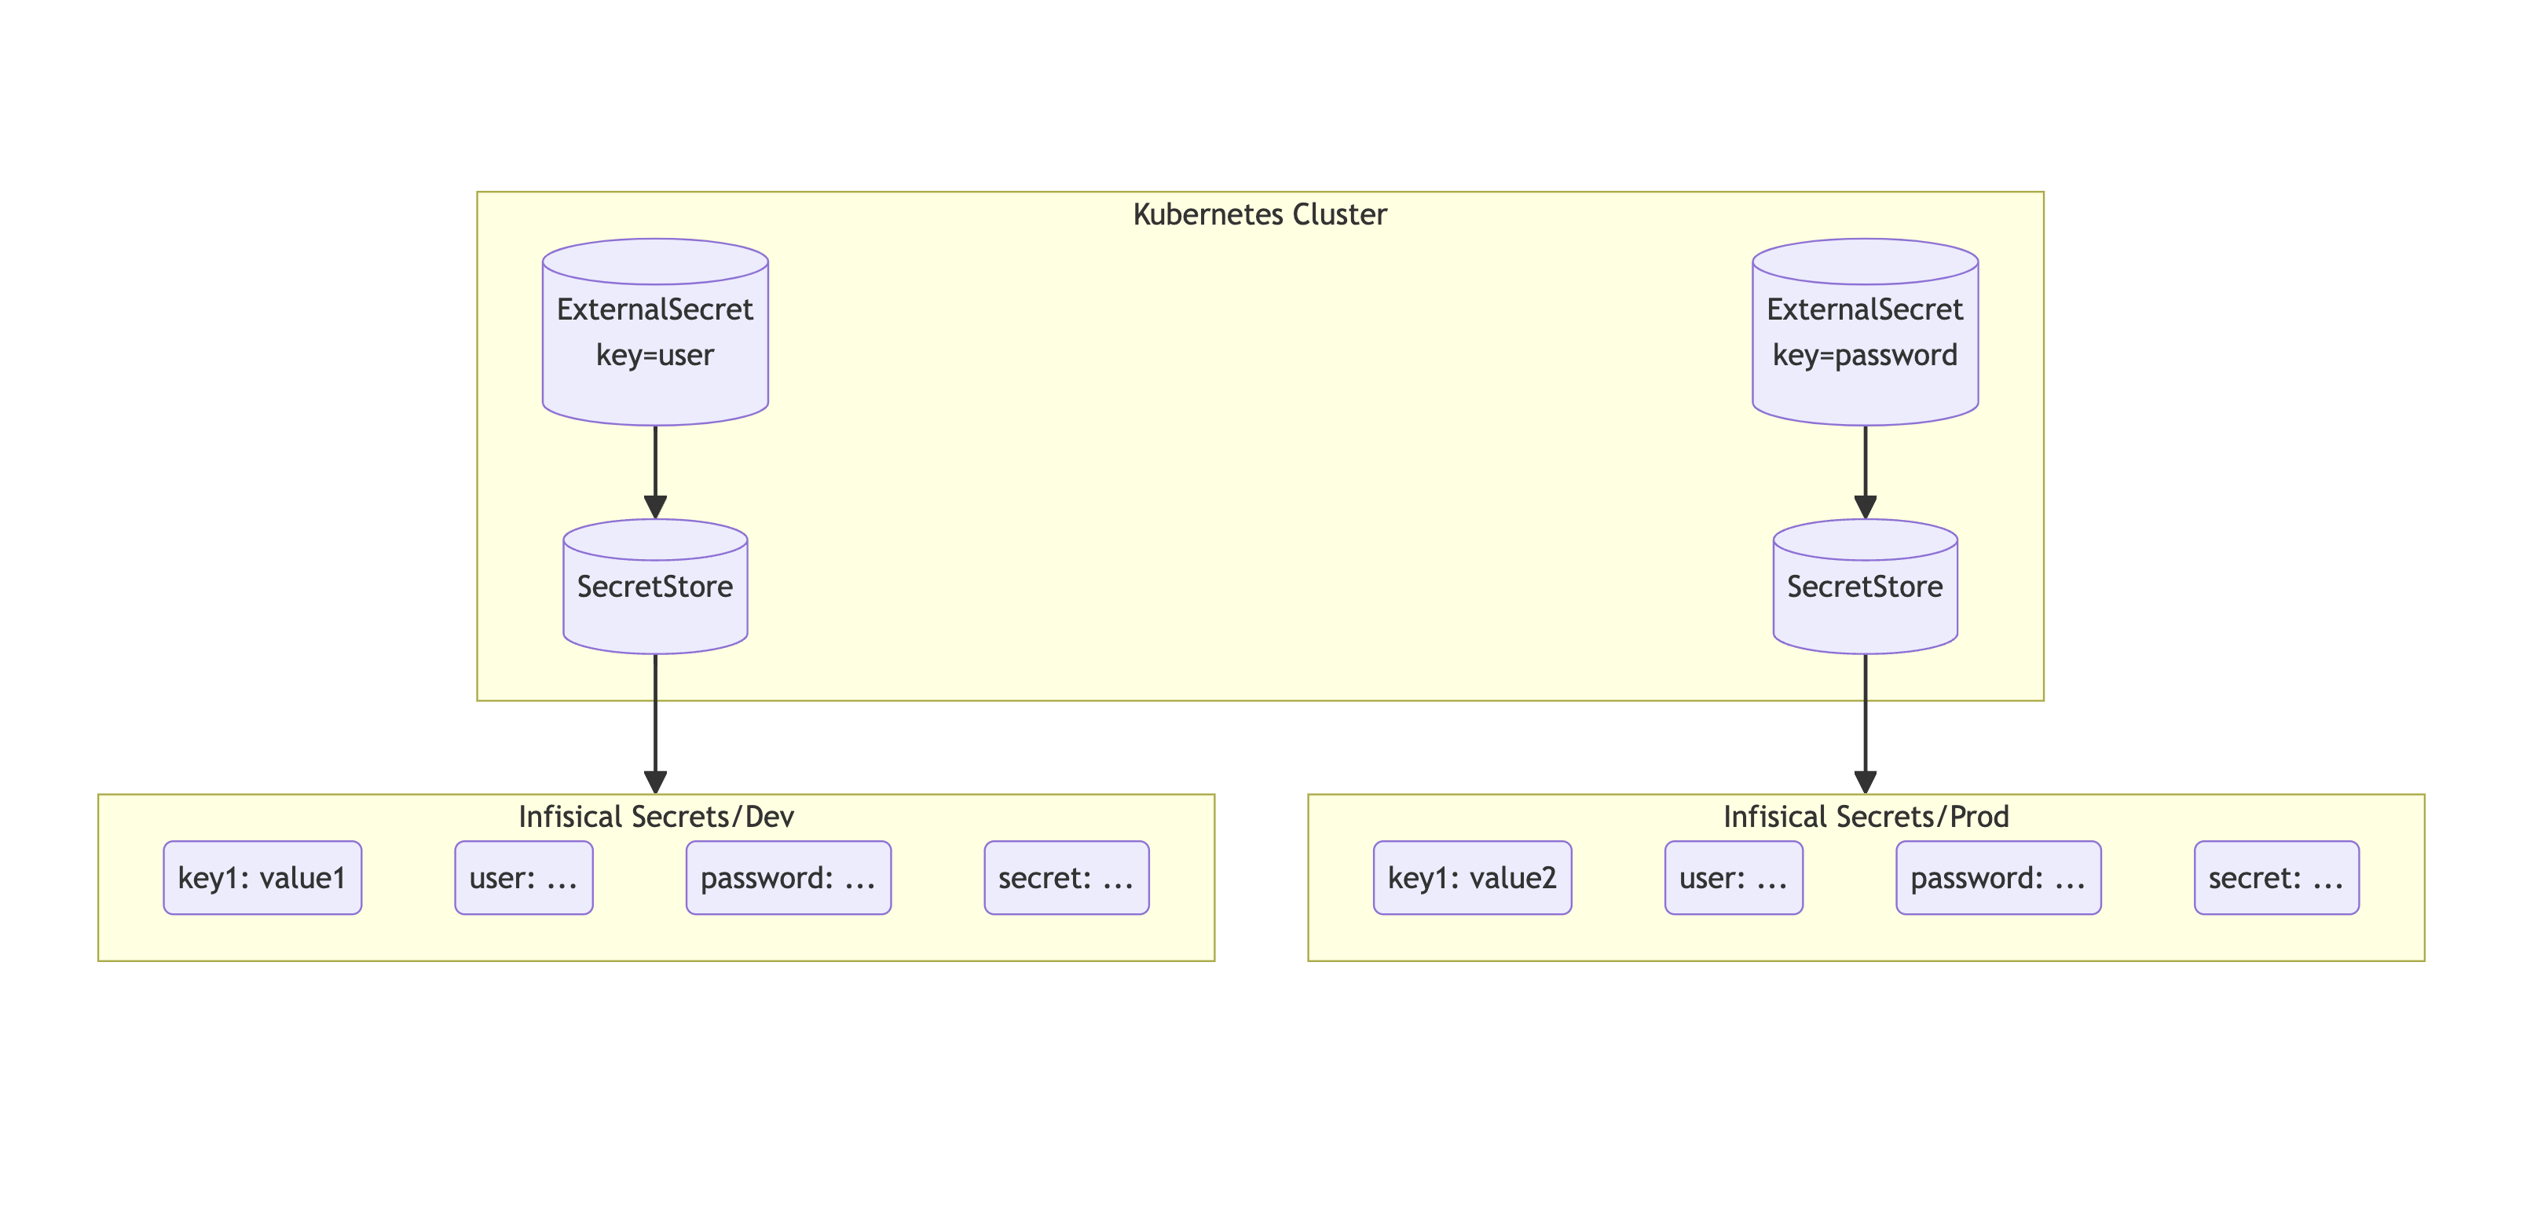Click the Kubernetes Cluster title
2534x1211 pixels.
coord(1259,214)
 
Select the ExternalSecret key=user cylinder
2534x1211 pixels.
coord(655,332)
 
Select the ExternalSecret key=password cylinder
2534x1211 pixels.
coord(1864,332)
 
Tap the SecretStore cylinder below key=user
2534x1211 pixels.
coord(655,587)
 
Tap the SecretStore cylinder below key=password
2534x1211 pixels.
coord(1864,587)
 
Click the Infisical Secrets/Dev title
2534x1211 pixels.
coord(655,817)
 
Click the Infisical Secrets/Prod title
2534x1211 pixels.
coord(1865,817)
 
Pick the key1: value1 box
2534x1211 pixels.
coord(262,877)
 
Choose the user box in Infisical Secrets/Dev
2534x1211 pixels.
coord(523,877)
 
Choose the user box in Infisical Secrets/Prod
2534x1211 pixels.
coord(1734,877)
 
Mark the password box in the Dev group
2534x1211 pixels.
coord(788,877)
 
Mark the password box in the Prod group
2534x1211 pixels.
coord(1998,877)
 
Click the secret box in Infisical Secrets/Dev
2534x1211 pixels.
coord(1067,877)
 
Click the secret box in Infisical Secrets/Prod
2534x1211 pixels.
coord(2276,877)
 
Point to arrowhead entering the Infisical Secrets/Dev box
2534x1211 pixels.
coord(655,782)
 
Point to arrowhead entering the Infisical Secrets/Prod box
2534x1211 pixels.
coord(1865,782)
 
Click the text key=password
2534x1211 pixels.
coord(1864,355)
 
